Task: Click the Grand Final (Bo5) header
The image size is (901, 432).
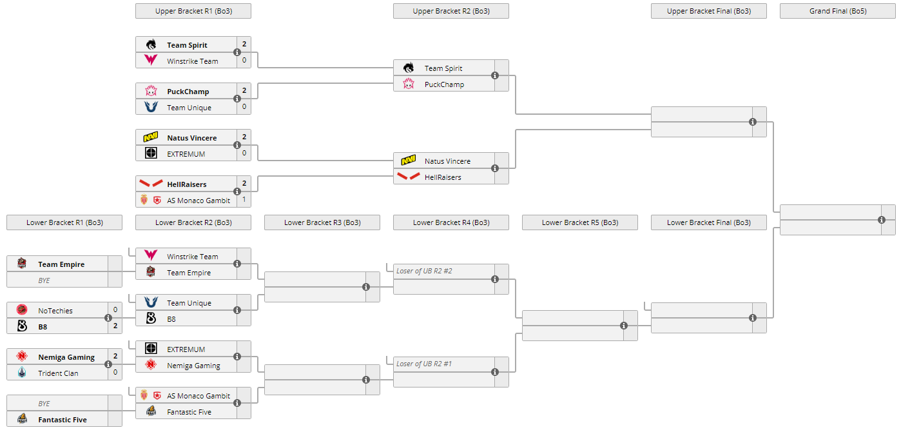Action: tap(837, 11)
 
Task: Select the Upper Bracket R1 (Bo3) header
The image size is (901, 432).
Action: tap(193, 11)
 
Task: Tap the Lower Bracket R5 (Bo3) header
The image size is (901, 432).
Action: tap(579, 222)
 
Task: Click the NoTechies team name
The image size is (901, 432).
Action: tap(55, 311)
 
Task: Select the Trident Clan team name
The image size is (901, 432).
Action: tap(58, 373)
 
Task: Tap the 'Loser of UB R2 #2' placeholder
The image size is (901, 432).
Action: tap(424, 271)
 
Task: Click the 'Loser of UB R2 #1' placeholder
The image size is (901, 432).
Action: tap(424, 364)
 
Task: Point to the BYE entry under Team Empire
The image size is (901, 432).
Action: tap(44, 280)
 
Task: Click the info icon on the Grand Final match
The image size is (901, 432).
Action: tap(882, 220)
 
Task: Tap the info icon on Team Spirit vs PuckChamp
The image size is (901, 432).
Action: tap(495, 75)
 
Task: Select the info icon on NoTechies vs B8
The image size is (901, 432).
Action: tap(108, 318)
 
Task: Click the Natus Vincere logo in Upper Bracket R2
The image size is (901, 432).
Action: tap(409, 161)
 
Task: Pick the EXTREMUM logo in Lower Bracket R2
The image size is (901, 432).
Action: tap(151, 349)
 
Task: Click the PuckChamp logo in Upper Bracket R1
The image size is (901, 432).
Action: tap(151, 91)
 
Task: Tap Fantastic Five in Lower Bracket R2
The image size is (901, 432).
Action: tap(189, 412)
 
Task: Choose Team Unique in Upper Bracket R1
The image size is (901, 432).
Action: tap(189, 108)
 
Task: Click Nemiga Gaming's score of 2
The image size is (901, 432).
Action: tap(115, 356)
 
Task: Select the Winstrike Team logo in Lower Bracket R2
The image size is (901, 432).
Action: tap(151, 256)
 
